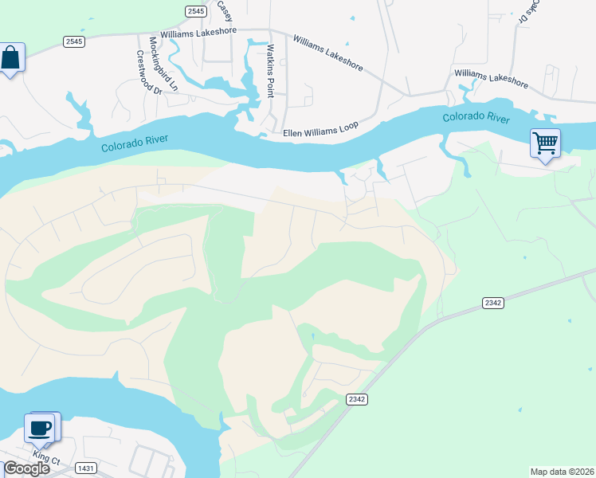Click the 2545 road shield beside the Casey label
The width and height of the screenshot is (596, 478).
[x=195, y=10]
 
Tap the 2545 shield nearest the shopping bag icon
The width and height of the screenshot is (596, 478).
[x=74, y=41]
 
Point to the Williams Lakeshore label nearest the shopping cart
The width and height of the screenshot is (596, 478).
[x=492, y=77]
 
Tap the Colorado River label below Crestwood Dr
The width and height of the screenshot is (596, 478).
[x=135, y=146]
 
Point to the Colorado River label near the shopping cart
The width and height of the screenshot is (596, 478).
[x=476, y=118]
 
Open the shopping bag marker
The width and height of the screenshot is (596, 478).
[x=10, y=58]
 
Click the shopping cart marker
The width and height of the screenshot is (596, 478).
[x=546, y=144]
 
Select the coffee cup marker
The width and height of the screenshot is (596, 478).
[x=40, y=429]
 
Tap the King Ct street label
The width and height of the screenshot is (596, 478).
[x=47, y=460]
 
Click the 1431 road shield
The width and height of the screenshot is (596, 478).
[x=86, y=468]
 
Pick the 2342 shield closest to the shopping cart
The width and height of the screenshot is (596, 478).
[x=493, y=303]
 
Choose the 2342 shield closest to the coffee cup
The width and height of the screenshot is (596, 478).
[x=356, y=398]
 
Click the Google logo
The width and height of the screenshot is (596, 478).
[x=25, y=468]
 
